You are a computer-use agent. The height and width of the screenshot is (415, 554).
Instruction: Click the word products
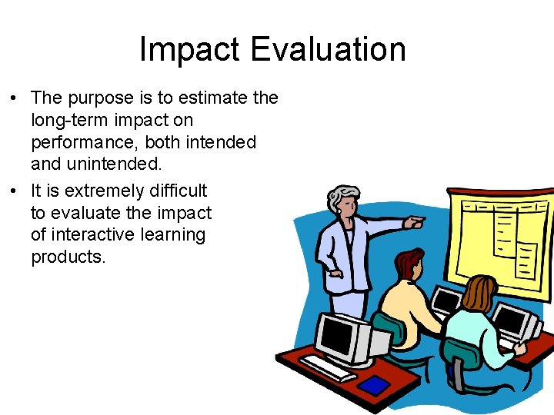click(x=68, y=257)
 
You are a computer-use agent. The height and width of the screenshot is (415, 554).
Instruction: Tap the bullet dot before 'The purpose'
click(x=14, y=99)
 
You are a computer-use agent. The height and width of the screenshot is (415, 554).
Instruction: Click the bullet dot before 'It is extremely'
click(x=14, y=191)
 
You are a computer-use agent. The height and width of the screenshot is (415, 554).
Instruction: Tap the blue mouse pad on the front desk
click(x=375, y=383)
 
